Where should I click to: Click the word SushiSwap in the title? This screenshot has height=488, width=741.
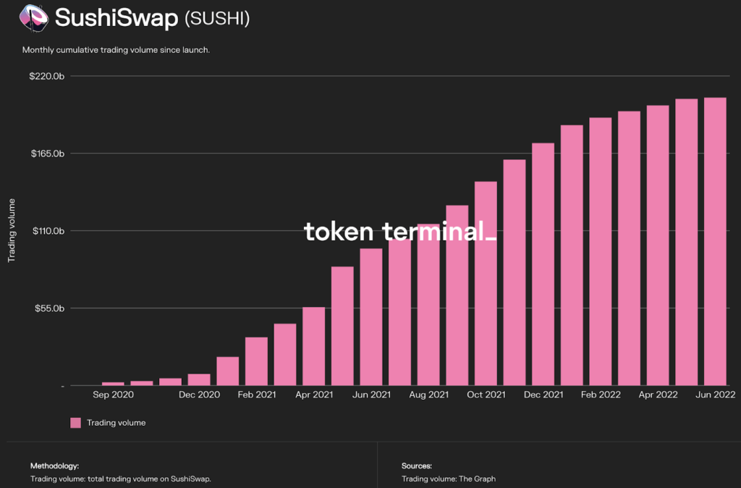pos(116,18)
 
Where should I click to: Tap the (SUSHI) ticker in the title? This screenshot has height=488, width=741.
pos(217,19)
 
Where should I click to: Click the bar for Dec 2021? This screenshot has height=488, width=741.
pos(543,264)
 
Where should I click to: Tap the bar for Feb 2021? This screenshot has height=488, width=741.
pos(256,361)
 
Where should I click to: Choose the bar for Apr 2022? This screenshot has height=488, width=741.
pos(658,245)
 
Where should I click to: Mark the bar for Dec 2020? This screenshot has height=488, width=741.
pos(199,379)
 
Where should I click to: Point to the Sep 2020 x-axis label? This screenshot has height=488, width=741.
pos(114,395)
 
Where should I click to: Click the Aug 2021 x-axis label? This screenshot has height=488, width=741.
pos(428,395)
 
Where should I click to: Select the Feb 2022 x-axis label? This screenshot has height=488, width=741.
pos(601,395)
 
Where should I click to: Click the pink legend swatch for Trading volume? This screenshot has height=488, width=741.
pos(75,423)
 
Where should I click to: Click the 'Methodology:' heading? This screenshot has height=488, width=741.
pos(54,466)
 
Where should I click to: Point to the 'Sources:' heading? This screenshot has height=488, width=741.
pos(416,466)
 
